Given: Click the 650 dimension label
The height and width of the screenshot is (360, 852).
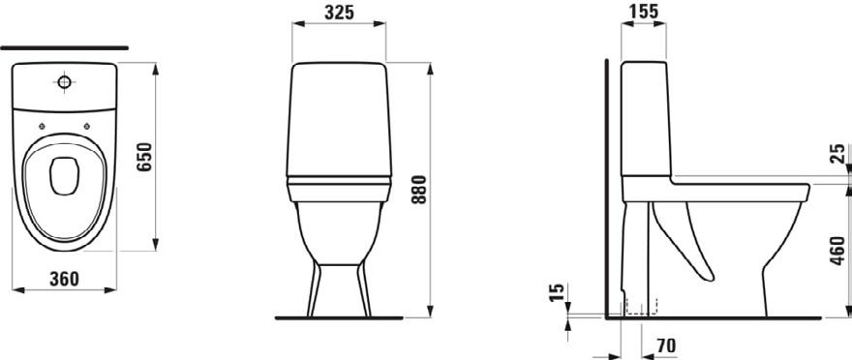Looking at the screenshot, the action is [145, 157].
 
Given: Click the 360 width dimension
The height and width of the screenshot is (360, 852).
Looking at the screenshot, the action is [64, 279].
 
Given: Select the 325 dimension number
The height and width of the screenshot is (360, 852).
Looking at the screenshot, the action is [339, 13].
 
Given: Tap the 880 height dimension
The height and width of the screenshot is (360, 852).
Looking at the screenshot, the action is [419, 189].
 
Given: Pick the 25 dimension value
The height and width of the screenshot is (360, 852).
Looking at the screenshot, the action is [838, 154].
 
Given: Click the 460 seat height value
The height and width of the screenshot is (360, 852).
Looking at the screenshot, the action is [838, 251].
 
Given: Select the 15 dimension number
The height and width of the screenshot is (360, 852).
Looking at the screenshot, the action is [558, 292].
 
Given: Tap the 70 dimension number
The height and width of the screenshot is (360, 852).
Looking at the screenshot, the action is [666, 345].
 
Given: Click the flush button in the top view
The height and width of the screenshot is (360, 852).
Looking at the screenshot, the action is [64, 82].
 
